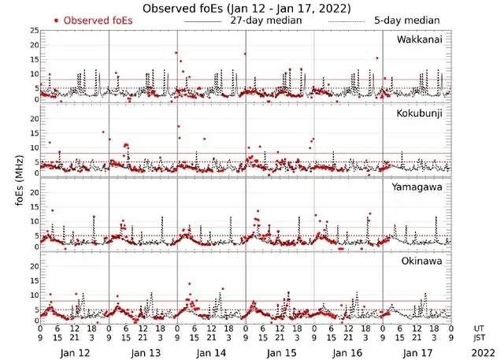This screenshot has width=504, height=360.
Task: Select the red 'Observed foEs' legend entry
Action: click(89, 20)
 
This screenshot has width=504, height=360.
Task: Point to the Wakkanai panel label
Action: click(419, 39)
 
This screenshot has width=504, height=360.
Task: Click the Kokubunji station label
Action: click(420, 113)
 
